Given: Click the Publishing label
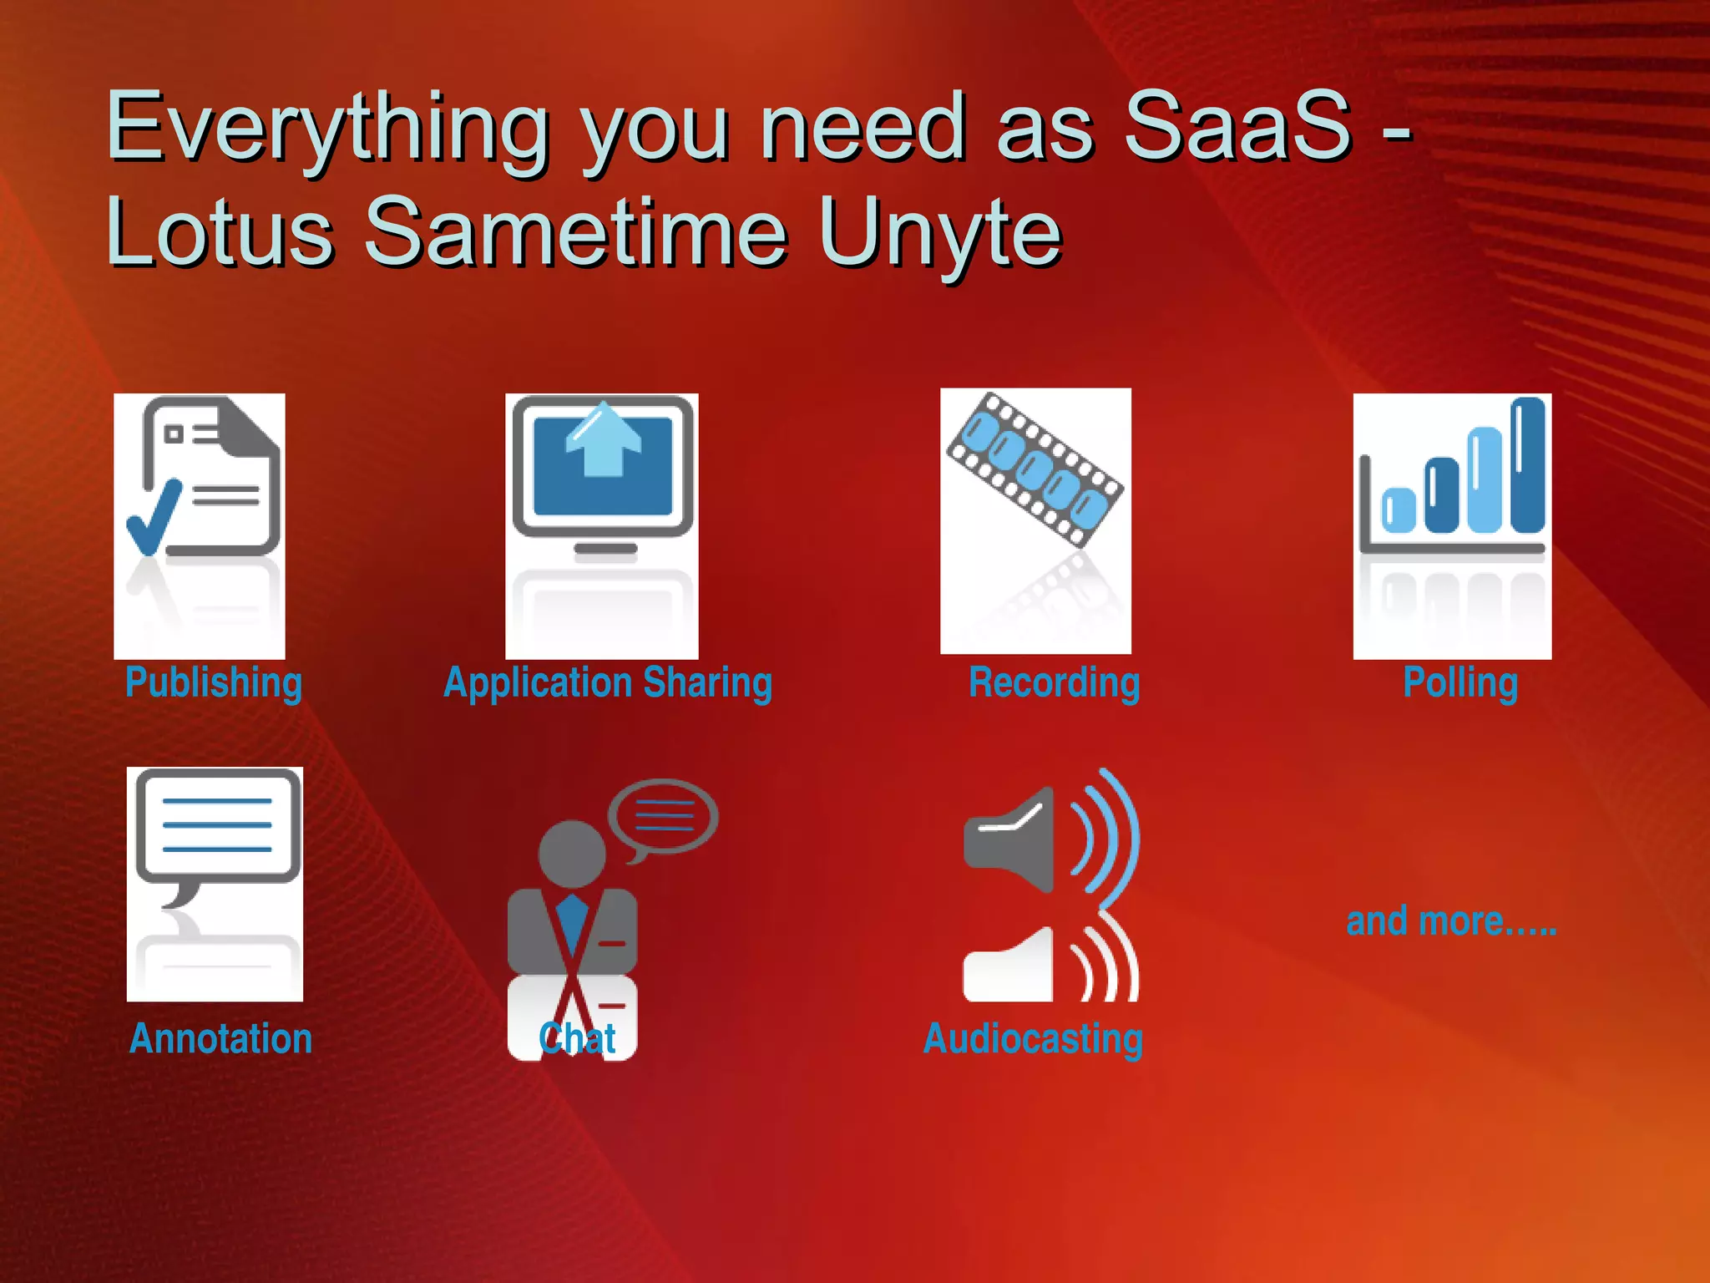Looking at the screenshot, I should click(x=214, y=682).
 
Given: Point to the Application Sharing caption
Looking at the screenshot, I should click(x=608, y=682).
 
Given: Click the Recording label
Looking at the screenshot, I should click(x=1054, y=682).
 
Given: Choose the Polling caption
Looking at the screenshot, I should click(x=1460, y=682).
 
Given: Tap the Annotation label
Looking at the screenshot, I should click(x=220, y=1038).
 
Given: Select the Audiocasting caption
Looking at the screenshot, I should click(x=1033, y=1038).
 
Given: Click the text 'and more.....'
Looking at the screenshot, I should click(x=1451, y=921).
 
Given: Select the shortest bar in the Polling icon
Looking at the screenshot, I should click(x=1399, y=510).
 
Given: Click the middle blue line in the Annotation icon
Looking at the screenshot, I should click(x=217, y=824).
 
